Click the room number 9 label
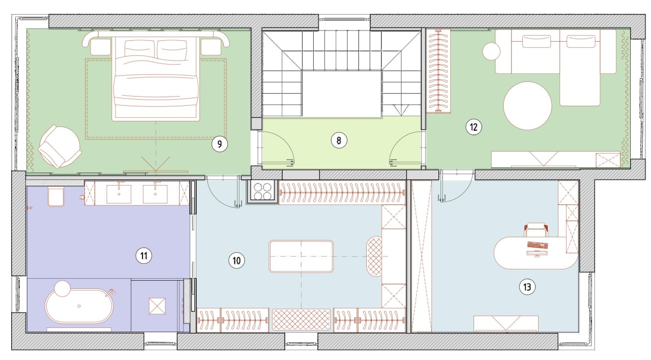pyautogui.click(x=219, y=144)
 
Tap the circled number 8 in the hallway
pyautogui.click(x=339, y=141)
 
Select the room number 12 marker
pyautogui.click(x=474, y=127)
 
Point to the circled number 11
pyautogui.click(x=144, y=256)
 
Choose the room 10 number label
pyautogui.click(x=236, y=260)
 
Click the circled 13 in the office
pyautogui.click(x=527, y=287)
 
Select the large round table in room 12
pyautogui.click(x=527, y=105)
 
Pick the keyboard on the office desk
pyautogui.click(x=538, y=245)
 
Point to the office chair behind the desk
pyautogui.click(x=536, y=229)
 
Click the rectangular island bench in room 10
pyautogui.click(x=301, y=256)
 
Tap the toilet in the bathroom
pyautogui.click(x=55, y=197)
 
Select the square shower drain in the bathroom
pyautogui.click(x=157, y=306)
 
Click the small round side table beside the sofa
pyautogui.click(x=491, y=51)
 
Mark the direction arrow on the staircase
pyautogui.click(x=401, y=110)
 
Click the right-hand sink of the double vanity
pyautogui.click(x=155, y=194)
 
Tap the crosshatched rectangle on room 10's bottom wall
pyautogui.click(x=301, y=320)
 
